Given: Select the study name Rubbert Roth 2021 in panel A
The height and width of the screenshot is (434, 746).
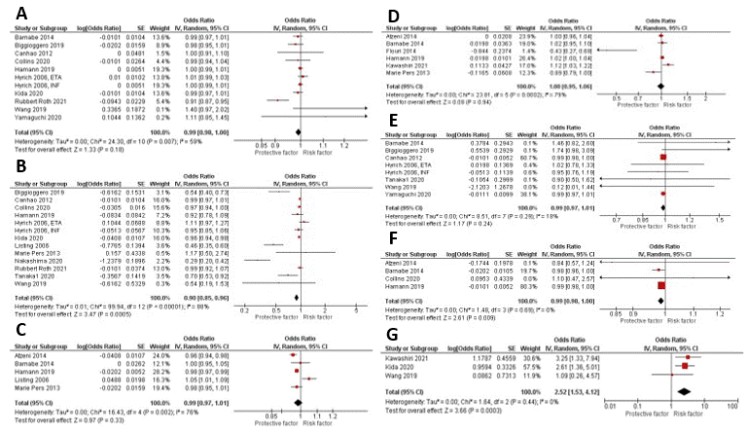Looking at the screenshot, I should [35, 99].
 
